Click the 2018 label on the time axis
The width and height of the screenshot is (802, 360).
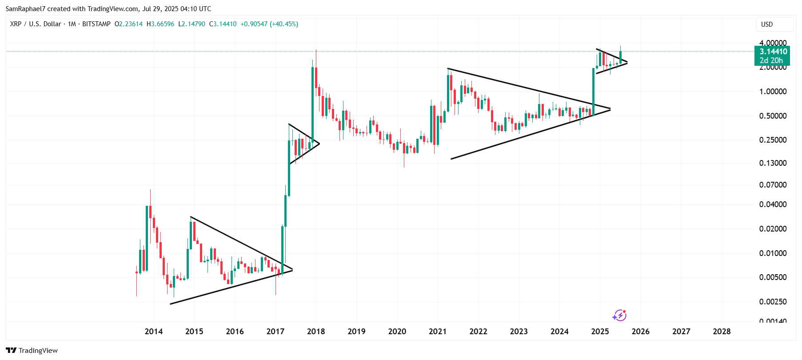(316, 332)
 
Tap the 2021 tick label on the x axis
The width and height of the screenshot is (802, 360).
(438, 332)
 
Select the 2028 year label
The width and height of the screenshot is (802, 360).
(722, 332)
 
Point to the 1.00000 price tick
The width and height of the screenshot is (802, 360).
(773, 92)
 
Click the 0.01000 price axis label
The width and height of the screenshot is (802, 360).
(773, 253)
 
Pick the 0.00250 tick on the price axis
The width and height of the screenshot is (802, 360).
(773, 302)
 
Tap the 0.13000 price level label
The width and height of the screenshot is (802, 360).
(773, 163)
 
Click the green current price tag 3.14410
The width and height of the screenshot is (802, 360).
(773, 52)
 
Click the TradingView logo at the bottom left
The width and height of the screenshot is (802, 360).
(32, 350)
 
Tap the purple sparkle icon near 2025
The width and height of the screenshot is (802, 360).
(619, 316)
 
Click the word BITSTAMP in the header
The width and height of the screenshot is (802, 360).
(96, 24)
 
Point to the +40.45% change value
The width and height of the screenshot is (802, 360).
(285, 24)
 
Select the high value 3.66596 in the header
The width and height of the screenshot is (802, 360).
(163, 24)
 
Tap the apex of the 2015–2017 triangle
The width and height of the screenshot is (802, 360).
(292, 270)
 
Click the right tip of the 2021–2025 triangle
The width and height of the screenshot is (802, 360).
(610, 109)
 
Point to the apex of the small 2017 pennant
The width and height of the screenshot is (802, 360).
(319, 143)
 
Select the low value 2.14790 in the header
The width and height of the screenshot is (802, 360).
(194, 24)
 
